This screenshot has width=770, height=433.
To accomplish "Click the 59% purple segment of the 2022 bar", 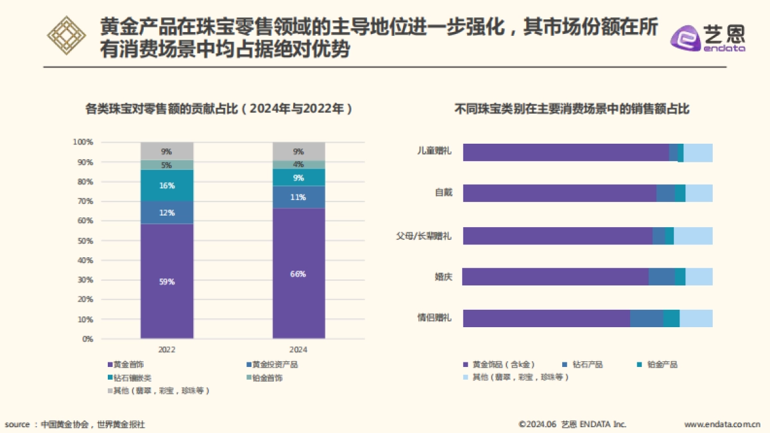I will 167,281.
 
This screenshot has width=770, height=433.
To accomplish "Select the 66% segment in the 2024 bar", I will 298,273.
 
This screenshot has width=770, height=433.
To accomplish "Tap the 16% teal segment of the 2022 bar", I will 167,185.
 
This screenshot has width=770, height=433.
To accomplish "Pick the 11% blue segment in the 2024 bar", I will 298,197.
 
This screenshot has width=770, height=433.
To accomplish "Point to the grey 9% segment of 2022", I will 167,151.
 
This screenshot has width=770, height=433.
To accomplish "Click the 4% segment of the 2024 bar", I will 298,164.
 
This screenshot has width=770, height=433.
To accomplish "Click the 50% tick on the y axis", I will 85,241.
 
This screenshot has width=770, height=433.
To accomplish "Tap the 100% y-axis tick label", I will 83,142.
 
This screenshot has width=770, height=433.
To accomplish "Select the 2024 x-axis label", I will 298,350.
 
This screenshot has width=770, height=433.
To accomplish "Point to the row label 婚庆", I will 443,277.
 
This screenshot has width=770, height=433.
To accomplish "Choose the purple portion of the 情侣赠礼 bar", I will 545,318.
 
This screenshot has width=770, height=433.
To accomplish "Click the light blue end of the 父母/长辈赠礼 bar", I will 693,235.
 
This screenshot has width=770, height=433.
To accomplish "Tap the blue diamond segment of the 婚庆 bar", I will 661,276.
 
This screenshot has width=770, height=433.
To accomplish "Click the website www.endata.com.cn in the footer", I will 723,424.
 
